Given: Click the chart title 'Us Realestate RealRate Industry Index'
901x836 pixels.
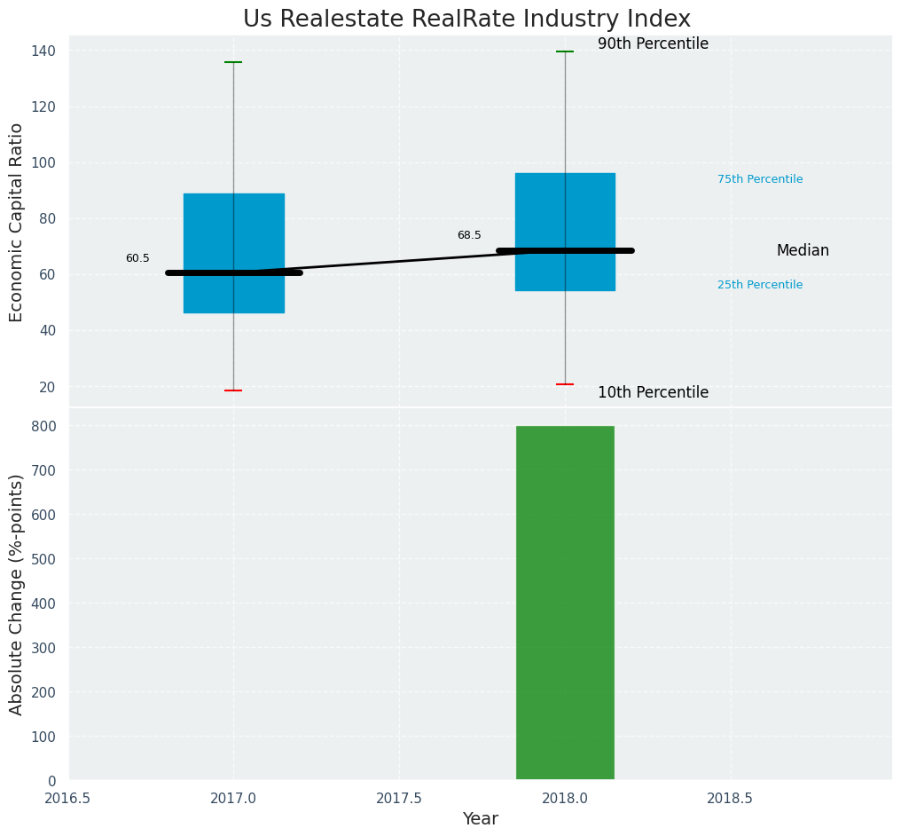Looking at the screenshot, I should point(466,20).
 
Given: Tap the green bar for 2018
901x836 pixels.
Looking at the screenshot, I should point(565,603).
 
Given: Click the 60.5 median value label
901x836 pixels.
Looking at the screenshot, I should point(137,258).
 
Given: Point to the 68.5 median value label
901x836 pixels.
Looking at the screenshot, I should point(469,235).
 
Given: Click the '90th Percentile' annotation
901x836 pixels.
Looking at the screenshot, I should point(653,43).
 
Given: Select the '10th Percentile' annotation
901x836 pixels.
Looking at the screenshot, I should point(653,392).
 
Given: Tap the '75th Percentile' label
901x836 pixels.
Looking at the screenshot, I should point(760,179).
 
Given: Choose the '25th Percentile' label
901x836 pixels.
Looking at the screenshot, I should point(760,285).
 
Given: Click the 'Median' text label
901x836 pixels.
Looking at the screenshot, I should point(803,251).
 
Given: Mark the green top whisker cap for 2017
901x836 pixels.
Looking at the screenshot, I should point(233,62).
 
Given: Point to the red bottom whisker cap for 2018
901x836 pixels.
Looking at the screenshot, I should point(565,384).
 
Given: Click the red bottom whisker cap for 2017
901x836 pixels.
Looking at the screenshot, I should point(233,390).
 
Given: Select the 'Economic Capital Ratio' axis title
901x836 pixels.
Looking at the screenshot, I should point(17,222).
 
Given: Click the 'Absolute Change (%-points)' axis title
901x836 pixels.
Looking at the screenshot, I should point(17,594).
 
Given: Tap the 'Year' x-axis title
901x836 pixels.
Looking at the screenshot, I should point(480,819).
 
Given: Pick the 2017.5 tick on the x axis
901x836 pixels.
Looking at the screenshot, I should point(398,799).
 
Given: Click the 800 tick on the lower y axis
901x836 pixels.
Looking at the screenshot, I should point(44,426).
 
